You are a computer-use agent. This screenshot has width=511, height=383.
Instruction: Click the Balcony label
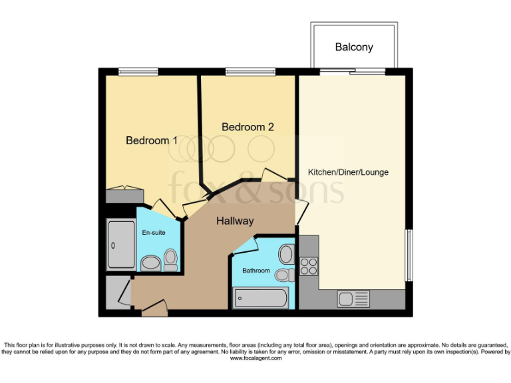tap(354, 47)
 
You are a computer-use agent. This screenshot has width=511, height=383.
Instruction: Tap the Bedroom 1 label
tap(152, 140)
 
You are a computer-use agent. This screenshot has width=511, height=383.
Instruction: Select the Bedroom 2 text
tap(248, 126)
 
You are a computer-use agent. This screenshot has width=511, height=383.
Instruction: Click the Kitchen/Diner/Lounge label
tap(348, 172)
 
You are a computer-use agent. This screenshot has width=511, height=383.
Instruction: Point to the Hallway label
tap(234, 221)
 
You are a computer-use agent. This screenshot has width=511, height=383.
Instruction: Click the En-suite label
tap(154, 233)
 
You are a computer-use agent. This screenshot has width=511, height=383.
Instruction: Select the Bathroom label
tap(256, 271)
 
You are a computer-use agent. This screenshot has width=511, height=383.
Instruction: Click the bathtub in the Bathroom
tap(261, 298)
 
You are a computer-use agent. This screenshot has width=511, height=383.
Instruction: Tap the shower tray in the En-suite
tap(121, 244)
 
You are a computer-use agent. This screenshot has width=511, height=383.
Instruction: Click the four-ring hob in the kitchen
tap(309, 266)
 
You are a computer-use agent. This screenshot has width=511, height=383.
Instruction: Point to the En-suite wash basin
tap(150, 264)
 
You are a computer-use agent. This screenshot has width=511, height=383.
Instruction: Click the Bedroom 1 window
tap(138, 71)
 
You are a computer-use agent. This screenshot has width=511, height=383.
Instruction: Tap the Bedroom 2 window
tap(250, 71)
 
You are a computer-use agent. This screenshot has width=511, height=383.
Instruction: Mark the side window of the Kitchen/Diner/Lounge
tap(409, 255)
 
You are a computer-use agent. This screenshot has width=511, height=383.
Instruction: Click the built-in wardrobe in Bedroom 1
tap(124, 195)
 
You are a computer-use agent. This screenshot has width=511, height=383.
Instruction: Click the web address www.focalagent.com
tap(255, 358)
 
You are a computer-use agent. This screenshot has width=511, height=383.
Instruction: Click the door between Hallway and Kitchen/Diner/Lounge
tap(301, 212)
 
